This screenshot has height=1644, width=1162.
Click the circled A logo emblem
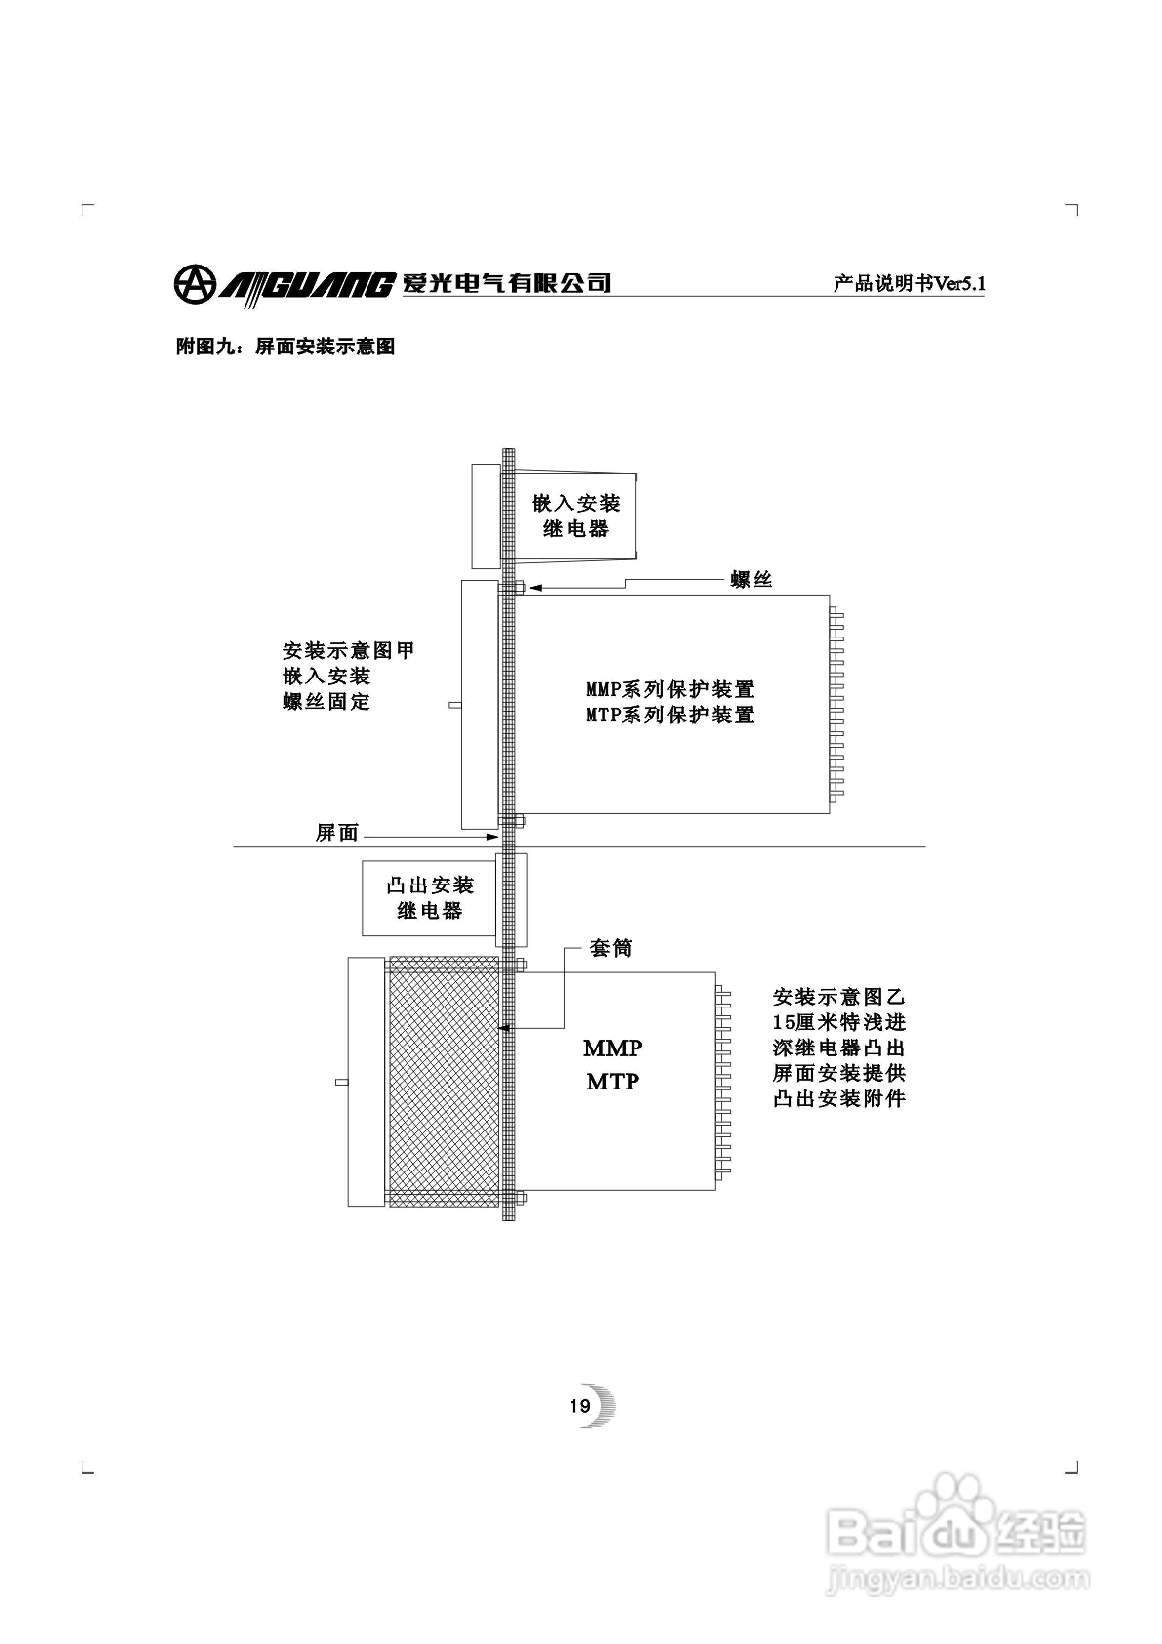pos(193,284)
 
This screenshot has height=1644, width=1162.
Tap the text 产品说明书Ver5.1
pos(909,284)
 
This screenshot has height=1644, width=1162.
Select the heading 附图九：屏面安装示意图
pos(285,347)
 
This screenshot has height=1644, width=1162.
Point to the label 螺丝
pos(751,579)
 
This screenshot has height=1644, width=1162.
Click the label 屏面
pos(337,833)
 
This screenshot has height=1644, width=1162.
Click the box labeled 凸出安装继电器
pos(429,898)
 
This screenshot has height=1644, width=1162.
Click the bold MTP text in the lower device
pos(612,1081)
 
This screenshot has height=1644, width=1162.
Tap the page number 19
pos(579,1406)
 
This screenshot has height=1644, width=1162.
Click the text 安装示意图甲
pos(348,651)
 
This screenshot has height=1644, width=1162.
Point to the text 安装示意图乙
pos(838,997)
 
